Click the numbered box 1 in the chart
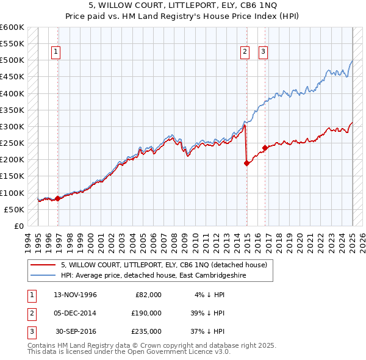[x=56, y=52]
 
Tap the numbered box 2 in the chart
[x=245, y=52]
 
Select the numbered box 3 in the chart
[x=263, y=52]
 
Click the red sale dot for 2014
[x=246, y=163]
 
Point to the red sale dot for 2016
[x=265, y=148]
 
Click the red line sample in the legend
[x=43, y=265]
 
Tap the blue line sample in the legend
[x=43, y=275]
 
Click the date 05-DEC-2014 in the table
[x=76, y=313]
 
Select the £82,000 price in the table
[x=147, y=295]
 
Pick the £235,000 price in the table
[x=147, y=331]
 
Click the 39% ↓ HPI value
[x=207, y=313]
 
